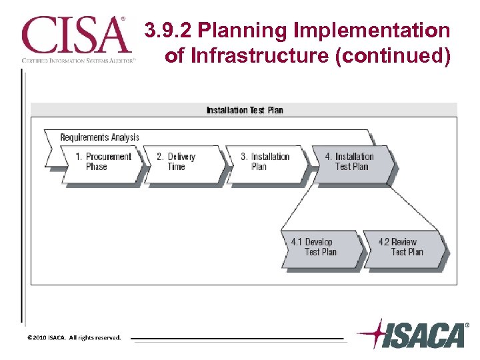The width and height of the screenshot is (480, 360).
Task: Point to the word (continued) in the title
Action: click(x=394, y=55)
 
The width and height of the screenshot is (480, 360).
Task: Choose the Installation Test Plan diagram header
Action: click(x=244, y=110)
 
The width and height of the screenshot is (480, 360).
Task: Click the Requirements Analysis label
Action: click(x=99, y=137)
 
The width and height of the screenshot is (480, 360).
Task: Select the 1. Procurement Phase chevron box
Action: click(x=103, y=162)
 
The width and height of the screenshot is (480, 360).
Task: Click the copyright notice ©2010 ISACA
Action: click(x=74, y=337)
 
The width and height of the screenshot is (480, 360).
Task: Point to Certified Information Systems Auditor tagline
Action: click(x=79, y=60)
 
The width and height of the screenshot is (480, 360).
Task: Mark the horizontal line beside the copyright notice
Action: click(x=237, y=339)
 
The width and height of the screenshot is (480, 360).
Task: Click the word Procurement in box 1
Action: click(x=108, y=157)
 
